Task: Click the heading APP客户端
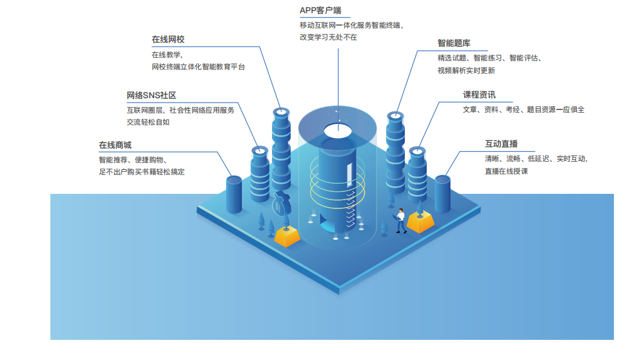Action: point(320,11)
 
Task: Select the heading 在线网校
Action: point(167,40)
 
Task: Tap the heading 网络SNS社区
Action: point(151,96)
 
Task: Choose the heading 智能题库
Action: point(454,43)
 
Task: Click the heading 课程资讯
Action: point(479,95)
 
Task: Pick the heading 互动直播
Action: point(501,145)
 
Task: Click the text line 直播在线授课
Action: point(506,171)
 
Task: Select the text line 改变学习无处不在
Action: point(328,37)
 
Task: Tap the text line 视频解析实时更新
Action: point(466,70)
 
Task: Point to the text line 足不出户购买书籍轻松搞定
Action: point(142,171)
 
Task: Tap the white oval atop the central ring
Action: point(338,130)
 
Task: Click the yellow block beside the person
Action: point(420,221)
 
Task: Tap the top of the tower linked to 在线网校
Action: point(280,112)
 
